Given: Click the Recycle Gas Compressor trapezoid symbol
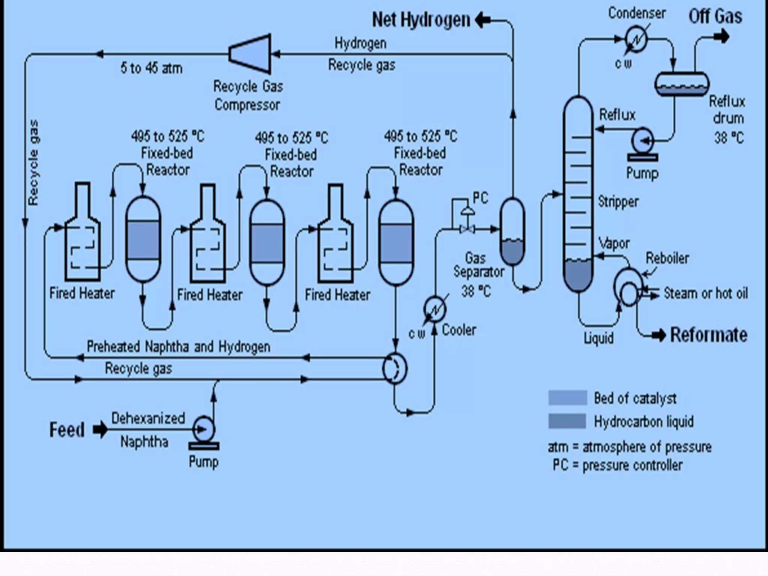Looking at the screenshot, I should [250, 54].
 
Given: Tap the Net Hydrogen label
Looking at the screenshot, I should [421, 19].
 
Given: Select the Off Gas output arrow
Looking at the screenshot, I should [721, 37].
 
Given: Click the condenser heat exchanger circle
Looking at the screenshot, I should [636, 39].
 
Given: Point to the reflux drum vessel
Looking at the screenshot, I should [681, 84].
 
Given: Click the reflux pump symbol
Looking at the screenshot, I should [642, 141].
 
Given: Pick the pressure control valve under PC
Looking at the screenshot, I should [467, 229].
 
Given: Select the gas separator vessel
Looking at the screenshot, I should [512, 231].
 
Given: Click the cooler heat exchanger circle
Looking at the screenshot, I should [435, 309].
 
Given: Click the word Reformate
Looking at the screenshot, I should [708, 335].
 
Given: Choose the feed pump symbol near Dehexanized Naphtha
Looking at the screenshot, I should [203, 430].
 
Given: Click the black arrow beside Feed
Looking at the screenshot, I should [100, 430].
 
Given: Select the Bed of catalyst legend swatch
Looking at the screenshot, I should [567, 398].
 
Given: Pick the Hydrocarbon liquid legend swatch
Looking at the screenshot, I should [567, 421].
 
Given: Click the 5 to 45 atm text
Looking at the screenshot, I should [151, 68].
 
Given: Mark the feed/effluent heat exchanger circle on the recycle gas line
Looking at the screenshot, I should [394, 368].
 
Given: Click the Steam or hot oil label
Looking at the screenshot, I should [705, 293].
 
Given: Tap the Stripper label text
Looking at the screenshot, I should [618, 202].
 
